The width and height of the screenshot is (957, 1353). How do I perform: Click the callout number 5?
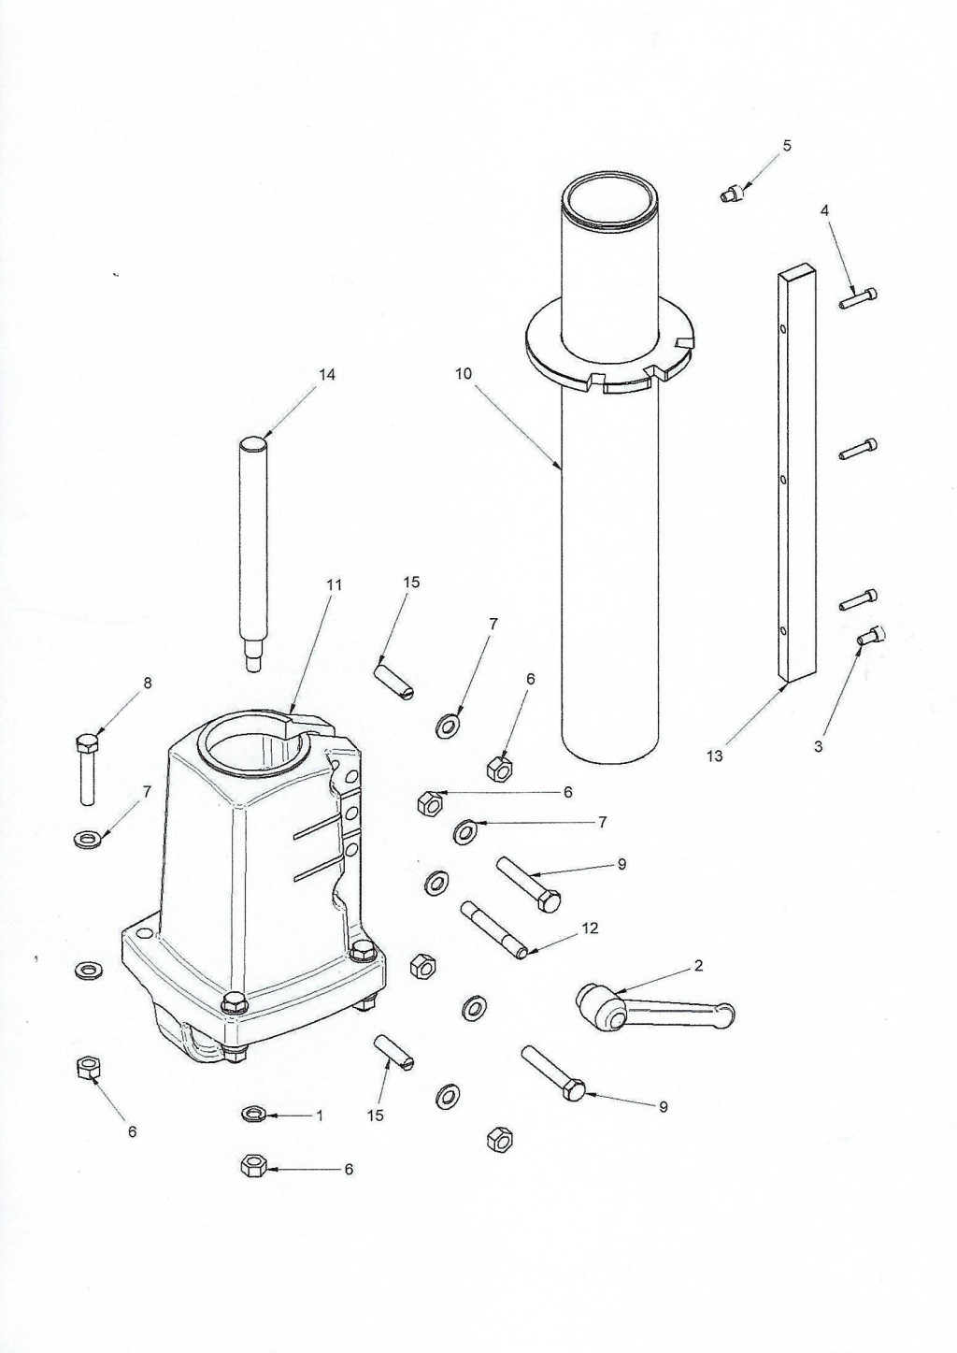point(786,146)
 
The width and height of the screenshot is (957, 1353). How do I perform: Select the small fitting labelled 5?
point(731,195)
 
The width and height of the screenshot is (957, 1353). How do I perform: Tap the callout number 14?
point(326,375)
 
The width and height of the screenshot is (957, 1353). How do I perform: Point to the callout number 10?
point(464,374)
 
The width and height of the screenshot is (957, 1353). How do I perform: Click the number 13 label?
point(714,756)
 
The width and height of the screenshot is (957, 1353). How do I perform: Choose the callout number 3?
point(818,746)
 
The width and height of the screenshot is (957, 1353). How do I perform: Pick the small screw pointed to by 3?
point(871,636)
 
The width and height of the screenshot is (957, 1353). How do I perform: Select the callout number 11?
point(334,585)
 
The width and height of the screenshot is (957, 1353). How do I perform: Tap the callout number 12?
point(590,928)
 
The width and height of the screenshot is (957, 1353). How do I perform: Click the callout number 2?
point(698,965)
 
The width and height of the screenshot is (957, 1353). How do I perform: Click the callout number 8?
point(147,684)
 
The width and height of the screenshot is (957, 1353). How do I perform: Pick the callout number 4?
point(825,210)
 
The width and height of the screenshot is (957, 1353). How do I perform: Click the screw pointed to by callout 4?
point(858,297)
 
